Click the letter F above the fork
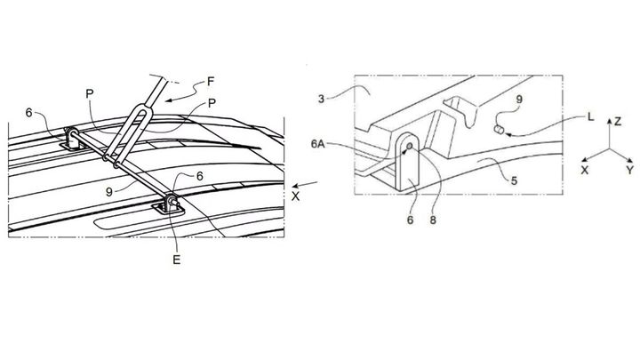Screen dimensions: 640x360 coord(211,82)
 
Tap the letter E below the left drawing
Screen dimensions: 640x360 coord(176,260)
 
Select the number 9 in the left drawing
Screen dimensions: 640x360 coord(109,191)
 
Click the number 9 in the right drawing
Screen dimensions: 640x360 coord(519,100)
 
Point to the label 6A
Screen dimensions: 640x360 coord(318,144)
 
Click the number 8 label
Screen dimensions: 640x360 coord(433,220)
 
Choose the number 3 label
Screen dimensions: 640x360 coord(321,100)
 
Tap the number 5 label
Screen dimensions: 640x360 coord(515,180)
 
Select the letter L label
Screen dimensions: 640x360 coord(590,117)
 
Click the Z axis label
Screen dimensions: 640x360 coord(618,121)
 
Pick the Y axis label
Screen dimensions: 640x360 coord(630,170)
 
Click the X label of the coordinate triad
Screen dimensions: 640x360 coord(585,170)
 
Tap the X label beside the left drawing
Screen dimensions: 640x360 coord(295,196)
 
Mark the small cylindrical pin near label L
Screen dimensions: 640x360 coord(499,130)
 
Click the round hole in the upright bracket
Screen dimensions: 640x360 coord(410,146)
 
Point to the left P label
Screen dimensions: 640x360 coord(90,94)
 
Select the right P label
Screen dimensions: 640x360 coord(212,103)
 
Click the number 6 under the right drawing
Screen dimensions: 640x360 coord(410,220)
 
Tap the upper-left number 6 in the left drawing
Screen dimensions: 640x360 coord(28,113)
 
